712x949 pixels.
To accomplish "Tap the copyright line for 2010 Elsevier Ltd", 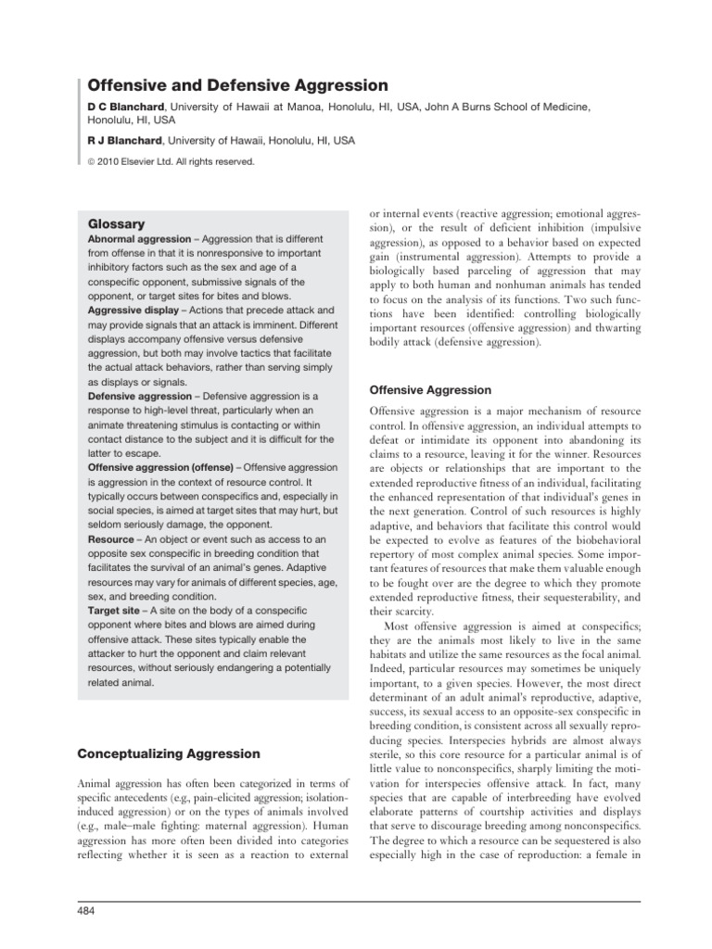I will click(171, 161).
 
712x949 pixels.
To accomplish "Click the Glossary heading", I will click(116, 224).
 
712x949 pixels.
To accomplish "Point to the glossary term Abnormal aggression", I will click(140, 239).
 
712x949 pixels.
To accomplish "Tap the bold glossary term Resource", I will click(111, 538).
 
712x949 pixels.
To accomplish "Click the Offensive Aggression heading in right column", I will click(430, 390).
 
